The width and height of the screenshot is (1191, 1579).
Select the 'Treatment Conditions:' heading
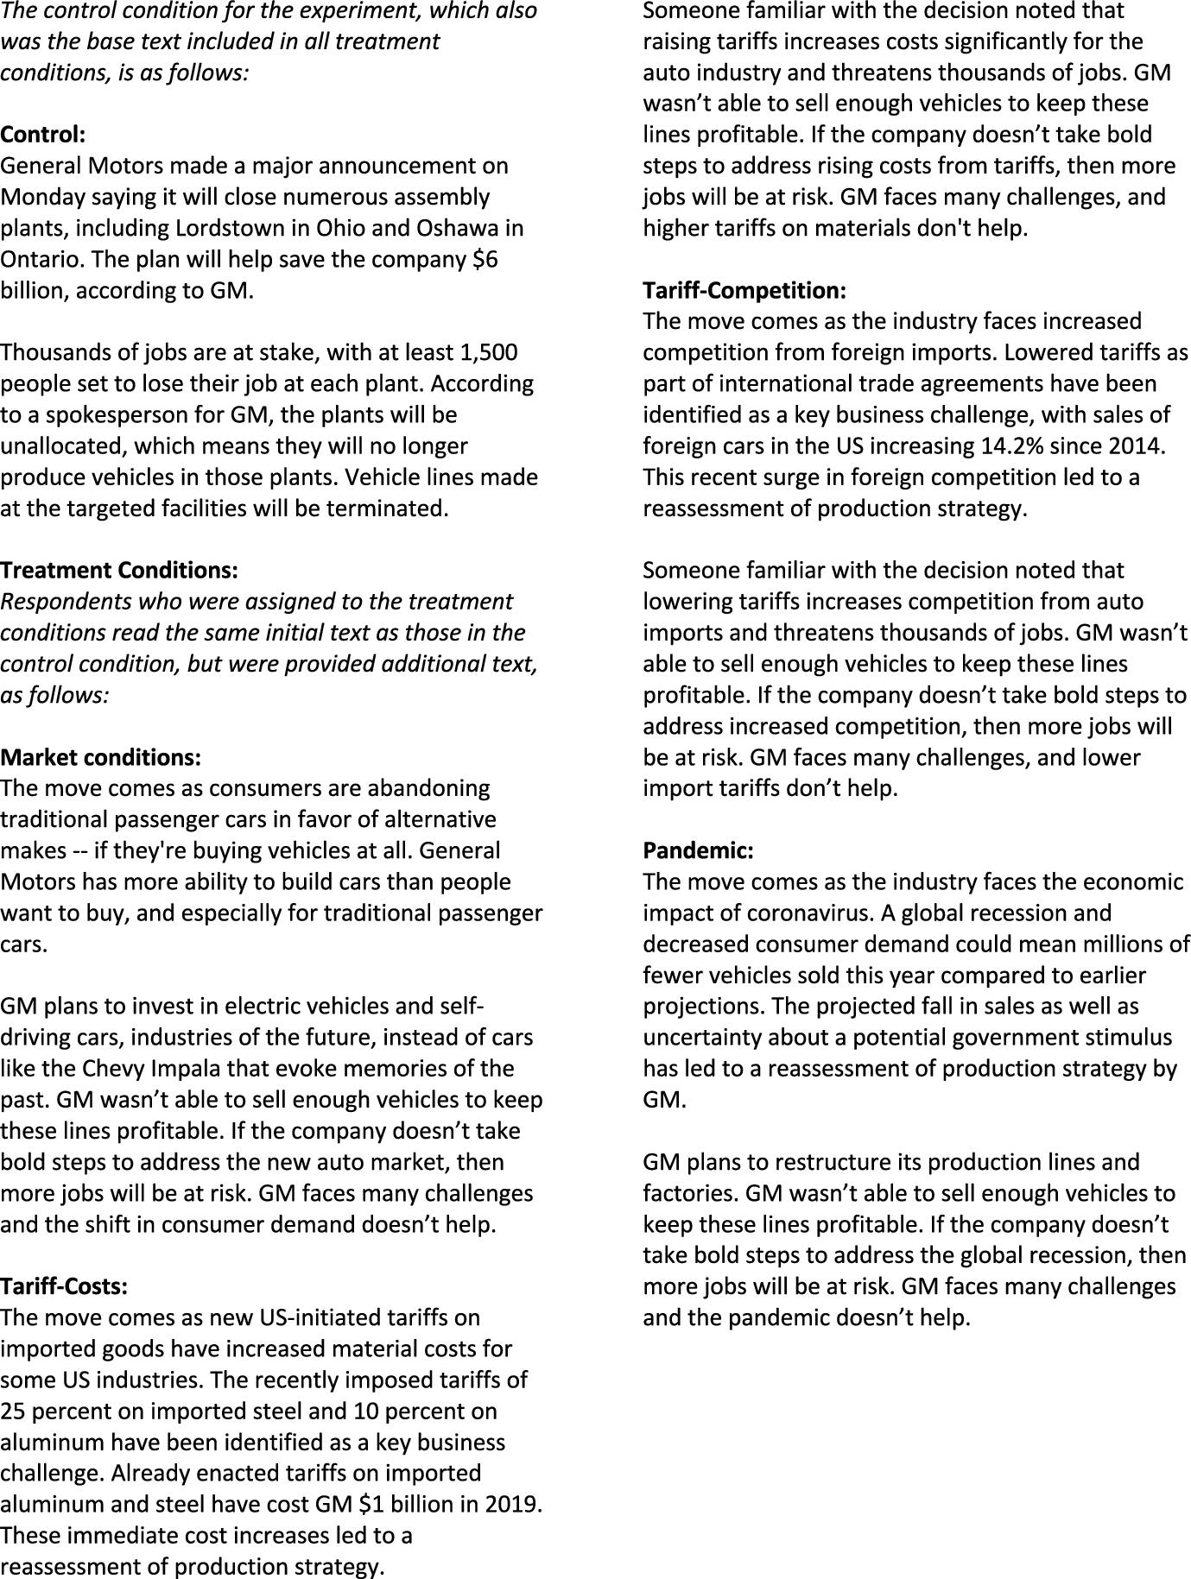tap(119, 571)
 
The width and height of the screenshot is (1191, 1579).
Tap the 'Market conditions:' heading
tap(101, 758)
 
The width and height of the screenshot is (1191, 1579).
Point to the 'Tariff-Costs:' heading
tap(64, 1287)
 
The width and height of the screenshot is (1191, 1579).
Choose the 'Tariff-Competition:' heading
tap(744, 291)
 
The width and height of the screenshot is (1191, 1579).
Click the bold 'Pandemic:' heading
tap(698, 851)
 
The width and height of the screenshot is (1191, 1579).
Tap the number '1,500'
tap(490, 353)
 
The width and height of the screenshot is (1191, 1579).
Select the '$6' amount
tap(485, 259)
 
